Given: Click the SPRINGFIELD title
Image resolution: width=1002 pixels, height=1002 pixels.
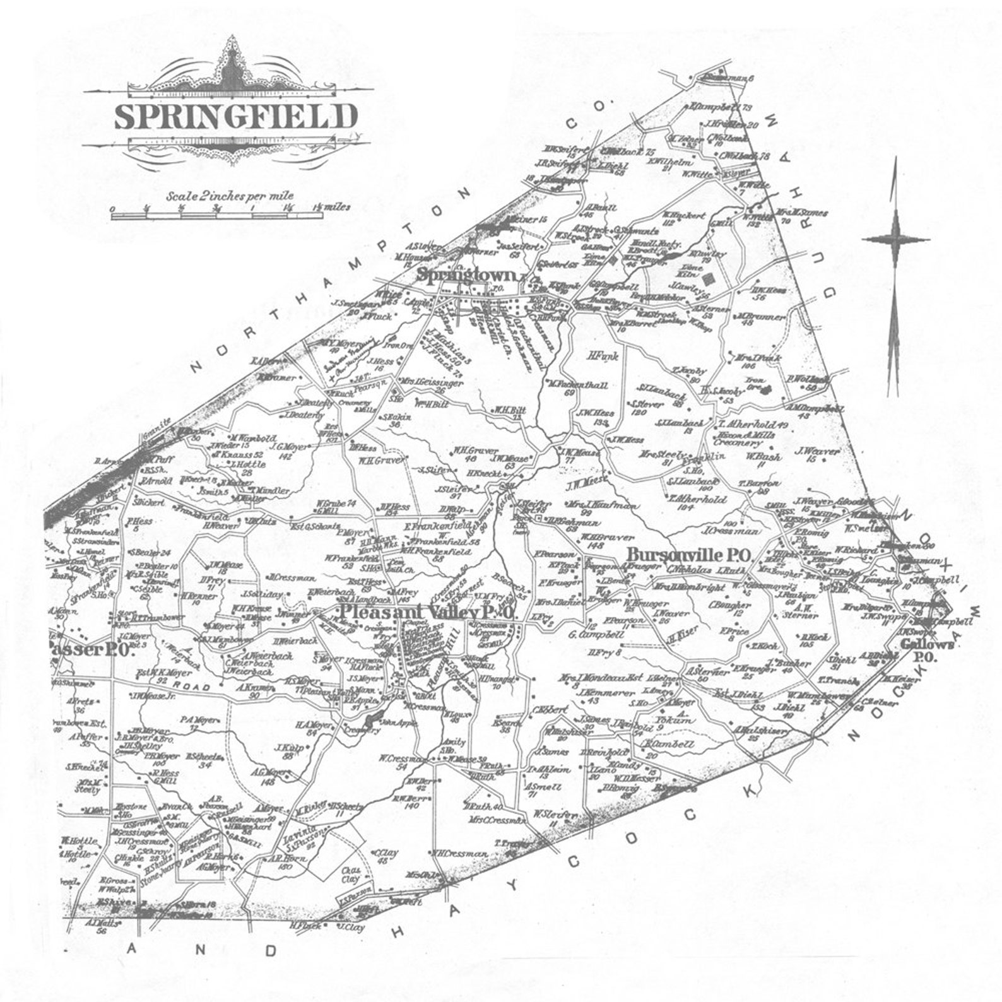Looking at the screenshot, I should pos(235,117).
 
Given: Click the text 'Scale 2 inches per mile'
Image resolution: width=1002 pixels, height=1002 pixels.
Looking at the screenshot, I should pos(230,196).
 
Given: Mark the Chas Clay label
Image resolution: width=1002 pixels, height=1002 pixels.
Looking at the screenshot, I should pos(350,874).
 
